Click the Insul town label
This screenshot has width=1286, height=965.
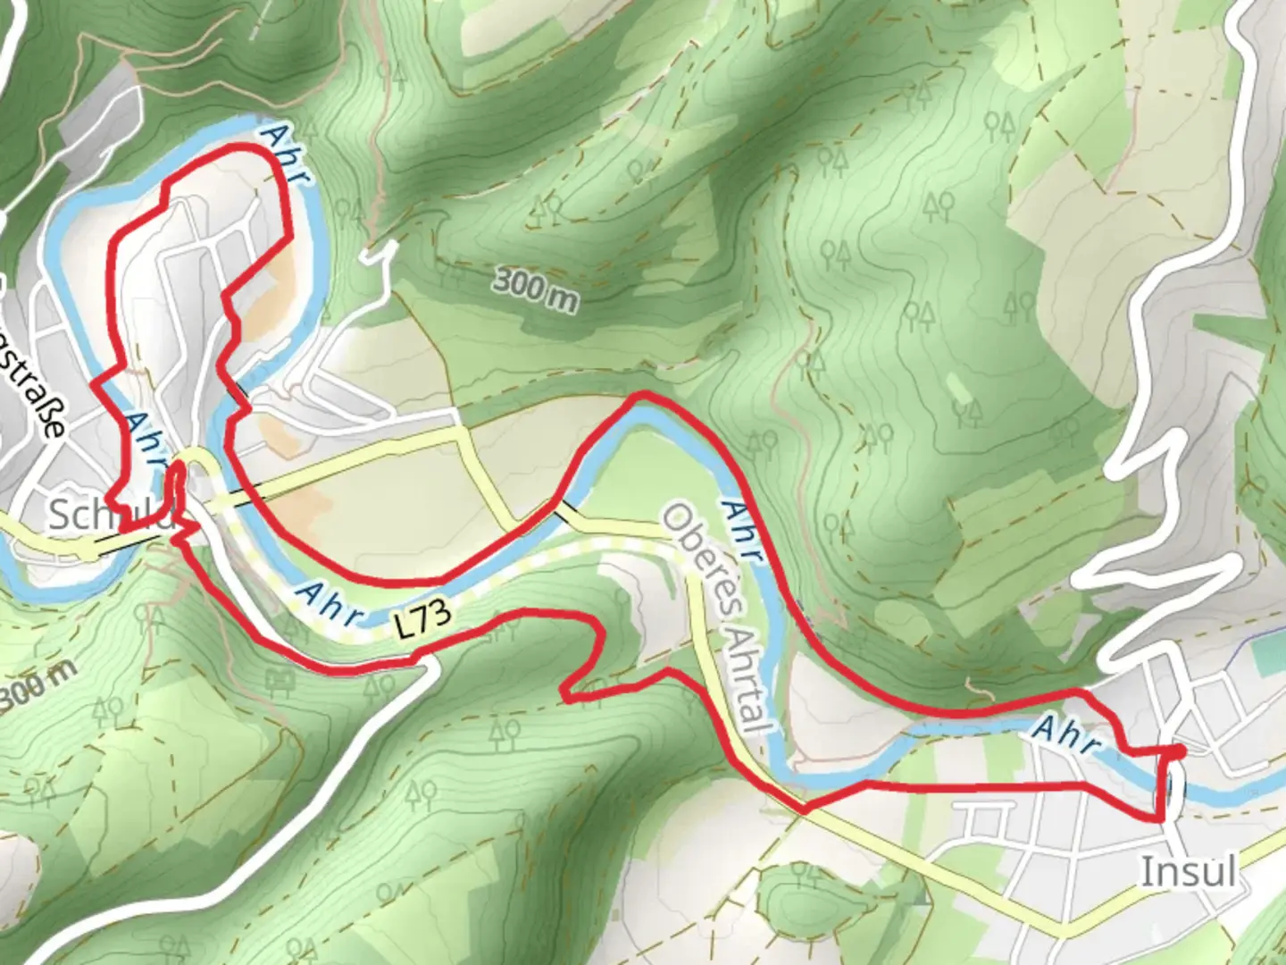[x=1189, y=870]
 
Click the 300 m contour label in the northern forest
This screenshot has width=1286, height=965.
[x=535, y=289]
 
